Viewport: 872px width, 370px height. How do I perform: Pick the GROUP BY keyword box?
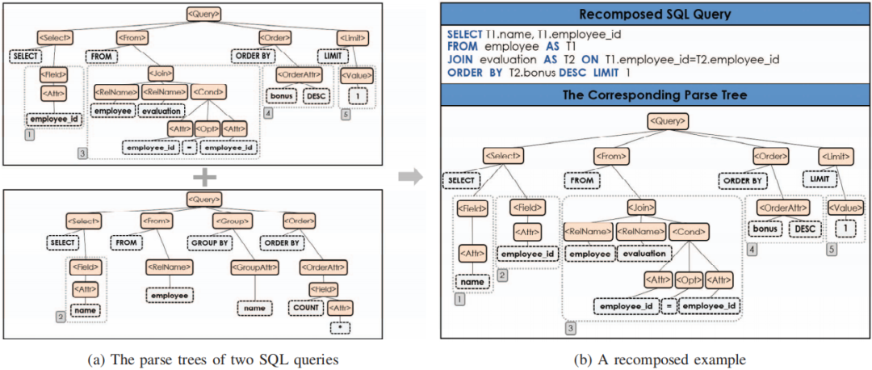pyautogui.click(x=212, y=242)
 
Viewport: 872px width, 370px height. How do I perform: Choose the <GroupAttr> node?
pyautogui.click(x=254, y=267)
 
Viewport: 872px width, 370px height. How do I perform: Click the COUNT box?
pyautogui.click(x=305, y=307)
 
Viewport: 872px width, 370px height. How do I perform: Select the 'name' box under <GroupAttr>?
pyautogui.click(x=254, y=308)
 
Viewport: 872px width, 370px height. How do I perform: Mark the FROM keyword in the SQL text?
pyautogui.click(x=462, y=46)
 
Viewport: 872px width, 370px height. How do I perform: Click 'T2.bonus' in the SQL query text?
pyautogui.click(x=526, y=72)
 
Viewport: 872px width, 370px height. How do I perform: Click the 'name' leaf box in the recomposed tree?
pyautogui.click(x=472, y=282)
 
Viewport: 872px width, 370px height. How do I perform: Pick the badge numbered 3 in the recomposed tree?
pyautogui.click(x=571, y=328)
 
